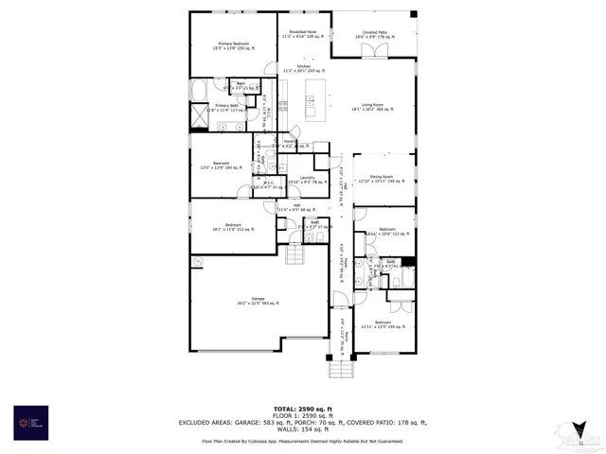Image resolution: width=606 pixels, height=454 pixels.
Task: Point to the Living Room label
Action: (x=372, y=107)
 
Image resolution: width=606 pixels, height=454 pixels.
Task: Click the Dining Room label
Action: (x=382, y=177)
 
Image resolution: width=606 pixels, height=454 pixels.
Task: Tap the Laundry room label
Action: (x=307, y=179)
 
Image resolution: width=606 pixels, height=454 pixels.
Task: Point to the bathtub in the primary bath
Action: (x=202, y=90)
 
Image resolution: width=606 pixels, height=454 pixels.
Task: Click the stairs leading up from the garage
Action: (x=296, y=254)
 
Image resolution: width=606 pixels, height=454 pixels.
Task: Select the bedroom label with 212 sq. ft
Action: (x=234, y=227)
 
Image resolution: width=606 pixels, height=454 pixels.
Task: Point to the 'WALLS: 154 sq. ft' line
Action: (x=302, y=430)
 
